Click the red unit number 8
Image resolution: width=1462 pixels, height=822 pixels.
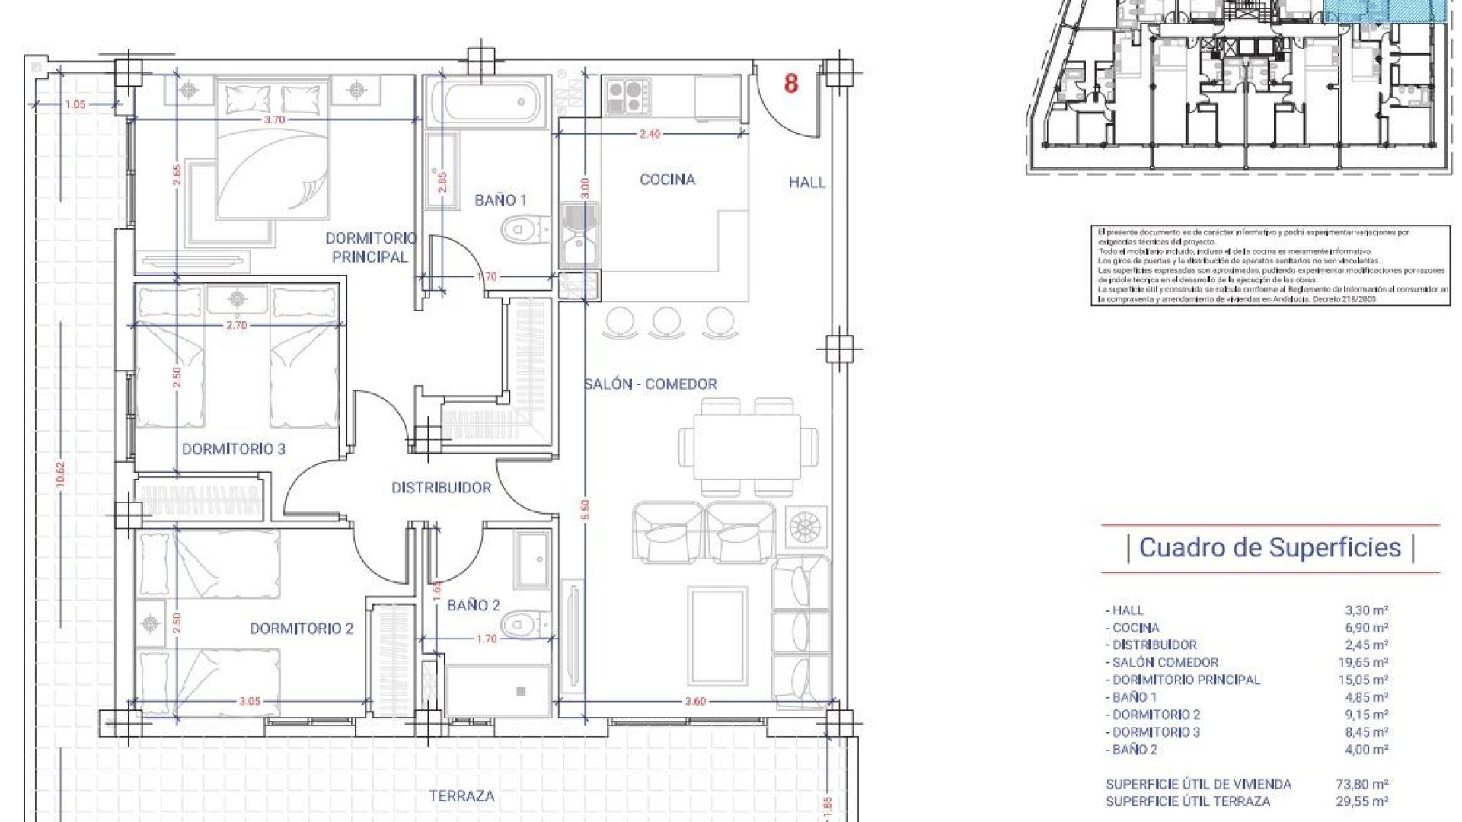point(791,83)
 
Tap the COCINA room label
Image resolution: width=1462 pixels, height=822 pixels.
point(667,180)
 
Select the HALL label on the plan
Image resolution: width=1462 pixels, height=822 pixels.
point(806,182)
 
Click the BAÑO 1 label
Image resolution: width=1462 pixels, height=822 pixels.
point(500,200)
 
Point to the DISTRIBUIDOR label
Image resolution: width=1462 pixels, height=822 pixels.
point(441,488)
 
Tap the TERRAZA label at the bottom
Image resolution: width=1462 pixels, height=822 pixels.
point(461,796)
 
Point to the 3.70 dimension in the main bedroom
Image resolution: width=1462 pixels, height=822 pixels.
point(273,119)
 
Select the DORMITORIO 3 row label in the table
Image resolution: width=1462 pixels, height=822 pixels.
point(1155,732)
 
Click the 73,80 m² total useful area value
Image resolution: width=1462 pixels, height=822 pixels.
point(1363,784)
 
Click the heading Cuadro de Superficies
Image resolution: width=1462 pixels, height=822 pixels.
point(1269,547)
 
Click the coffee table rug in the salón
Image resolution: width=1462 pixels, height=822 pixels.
point(717,636)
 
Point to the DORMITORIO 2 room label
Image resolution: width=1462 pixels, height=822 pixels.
point(302,629)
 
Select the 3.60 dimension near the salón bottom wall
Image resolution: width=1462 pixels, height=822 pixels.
point(695,702)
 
